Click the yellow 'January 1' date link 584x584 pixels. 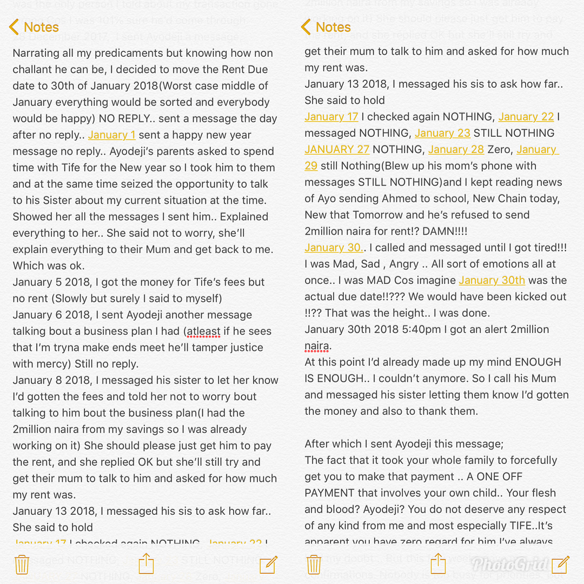pyautogui.click(x=111, y=135)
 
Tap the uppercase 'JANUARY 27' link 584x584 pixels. pyautogui.click(x=337, y=150)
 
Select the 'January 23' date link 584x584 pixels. pyautogui.click(x=442, y=133)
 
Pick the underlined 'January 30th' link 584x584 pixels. pyautogui.click(x=492, y=280)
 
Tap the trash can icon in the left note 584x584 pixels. pyautogui.click(x=22, y=565)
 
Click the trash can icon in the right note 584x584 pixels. pyautogui.click(x=314, y=565)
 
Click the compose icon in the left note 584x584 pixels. pyautogui.click(x=269, y=565)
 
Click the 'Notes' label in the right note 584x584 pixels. pyautogui.click(x=333, y=27)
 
